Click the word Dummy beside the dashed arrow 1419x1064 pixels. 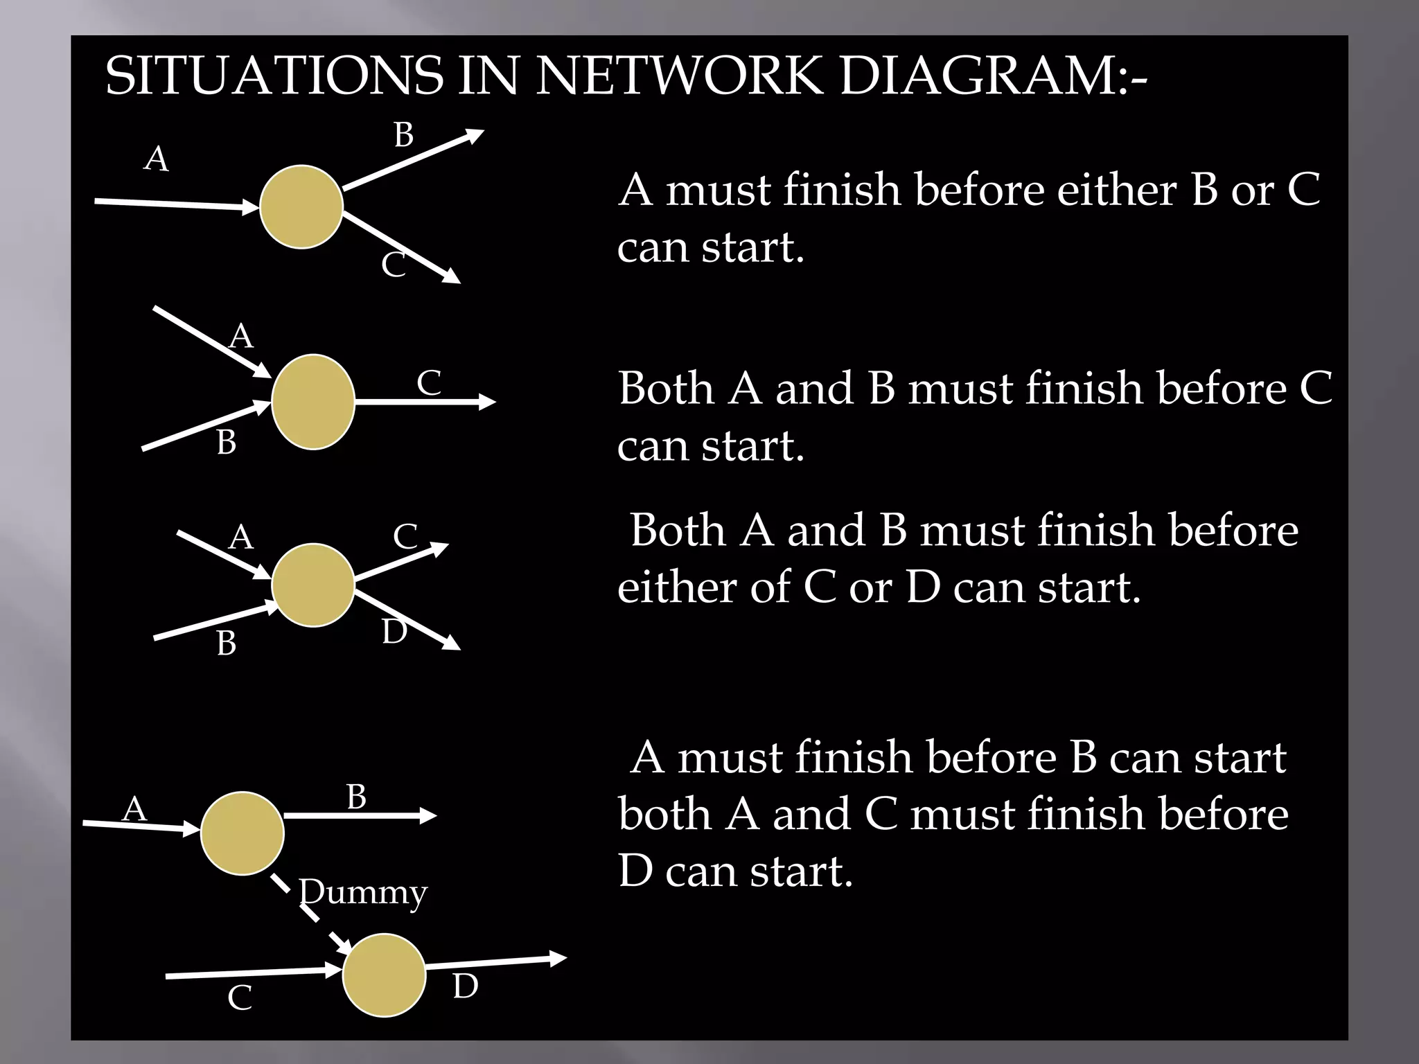pos(363,892)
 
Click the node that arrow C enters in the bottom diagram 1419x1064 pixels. pos(384,975)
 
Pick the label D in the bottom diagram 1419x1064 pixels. pos(465,986)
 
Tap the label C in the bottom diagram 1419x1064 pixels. pos(240,998)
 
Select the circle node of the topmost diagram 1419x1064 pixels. pos(301,206)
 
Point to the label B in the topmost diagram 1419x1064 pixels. pos(403,134)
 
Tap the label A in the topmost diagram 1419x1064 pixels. pos(156,159)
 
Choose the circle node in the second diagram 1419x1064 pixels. pos(313,402)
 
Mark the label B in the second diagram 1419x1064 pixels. pos(226,443)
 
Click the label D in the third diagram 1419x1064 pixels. pos(394,632)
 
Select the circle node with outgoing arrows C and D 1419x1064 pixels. pos(313,585)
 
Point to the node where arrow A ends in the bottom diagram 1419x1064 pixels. pos(243,833)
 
